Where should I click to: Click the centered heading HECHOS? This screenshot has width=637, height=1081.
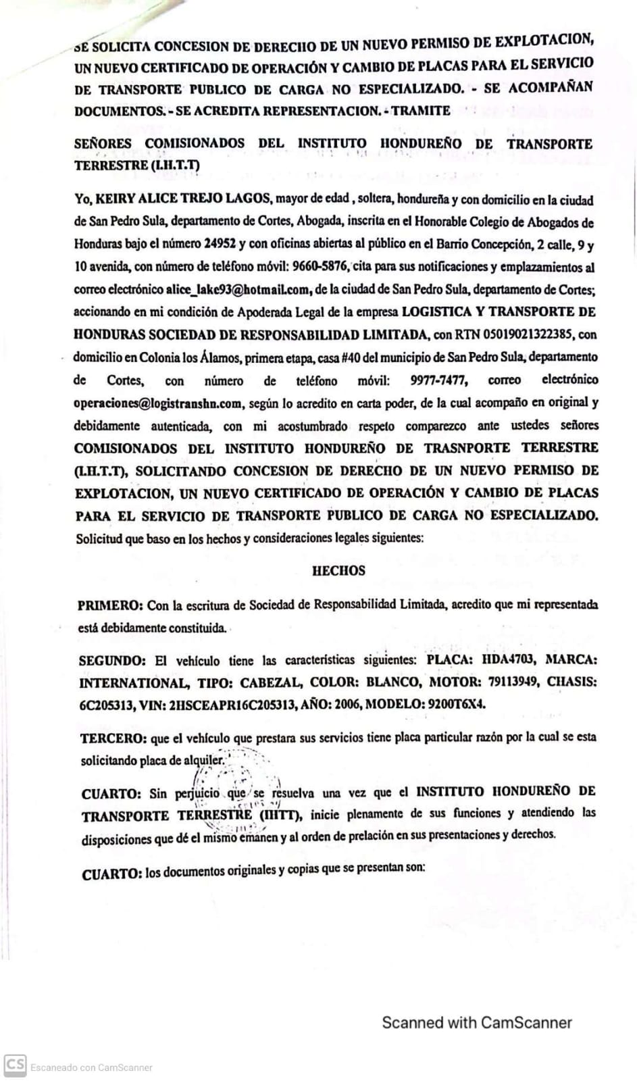[x=338, y=571]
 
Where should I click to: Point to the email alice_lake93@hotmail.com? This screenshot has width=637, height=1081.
[x=238, y=290]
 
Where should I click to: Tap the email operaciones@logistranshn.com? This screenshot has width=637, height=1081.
[x=158, y=403]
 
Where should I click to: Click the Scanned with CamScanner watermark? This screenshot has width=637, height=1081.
[x=477, y=1022]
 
